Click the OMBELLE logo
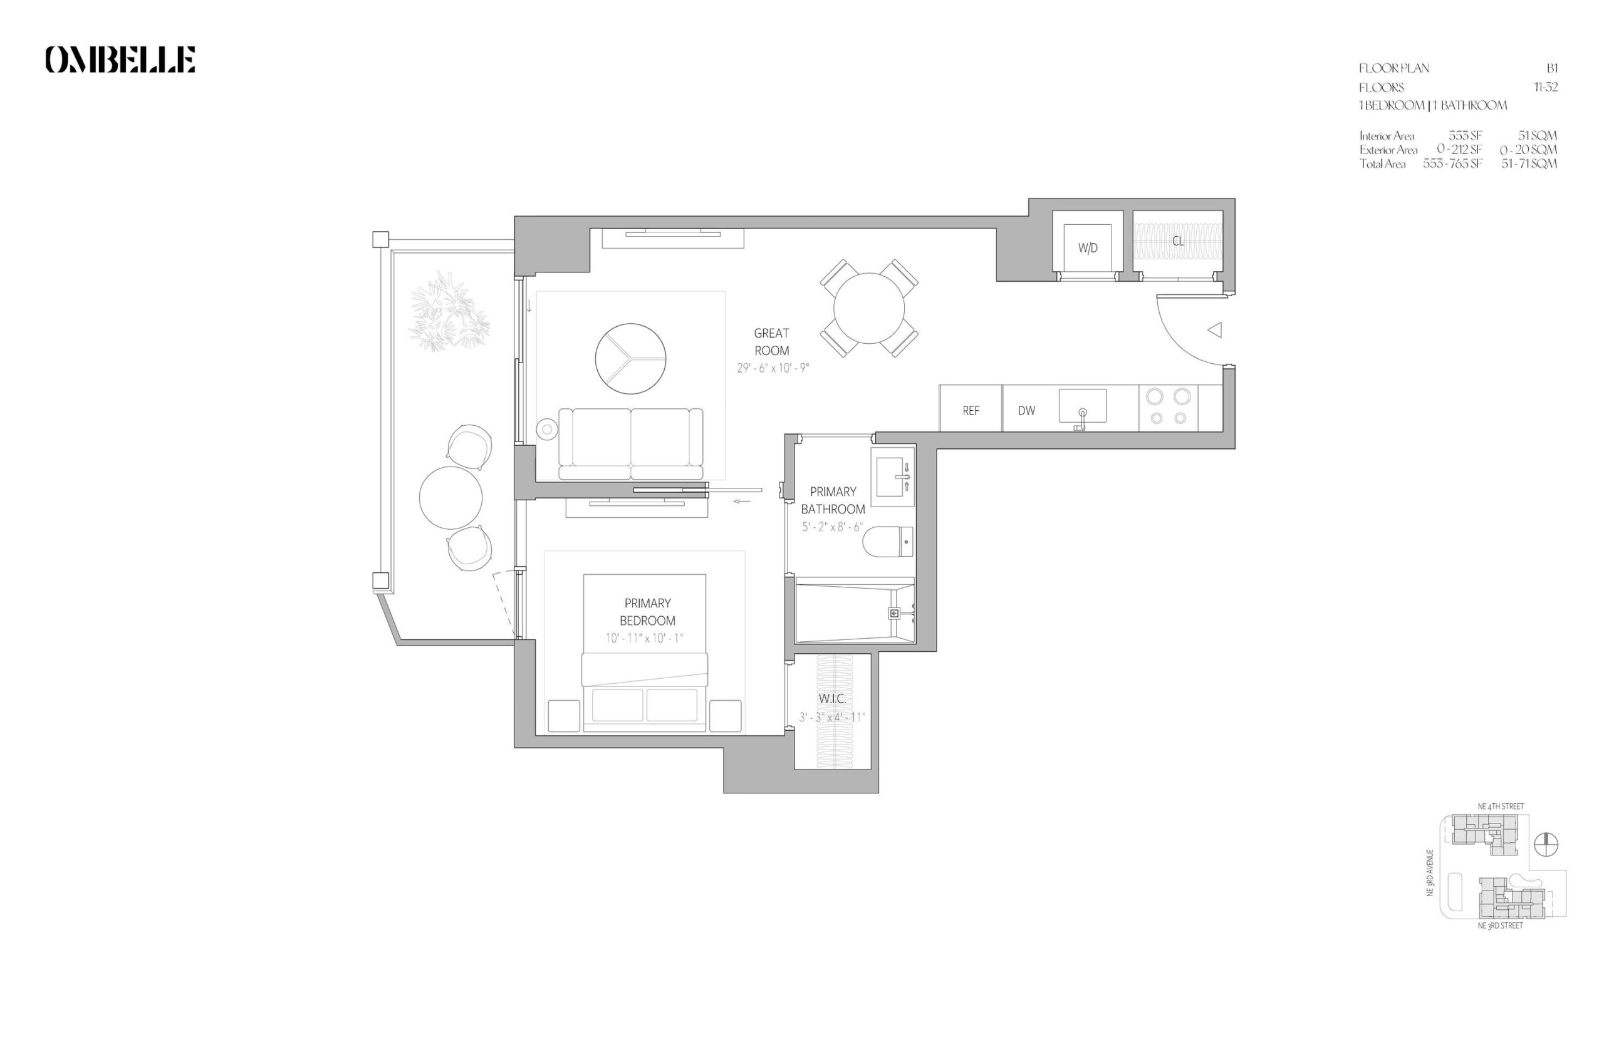click(120, 59)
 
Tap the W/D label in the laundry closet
click(1087, 248)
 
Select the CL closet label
click(1177, 240)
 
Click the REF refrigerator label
click(970, 410)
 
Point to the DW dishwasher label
click(1026, 410)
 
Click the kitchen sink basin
click(1082, 405)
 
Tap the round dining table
click(868, 308)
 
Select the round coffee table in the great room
click(630, 358)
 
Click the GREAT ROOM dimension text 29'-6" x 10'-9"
click(772, 368)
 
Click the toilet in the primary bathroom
click(888, 542)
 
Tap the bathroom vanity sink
click(892, 476)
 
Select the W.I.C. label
click(832, 698)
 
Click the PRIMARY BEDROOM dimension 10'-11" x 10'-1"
click(644, 637)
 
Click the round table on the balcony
click(450, 498)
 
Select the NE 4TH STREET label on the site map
click(1500, 806)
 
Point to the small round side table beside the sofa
click(547, 428)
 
